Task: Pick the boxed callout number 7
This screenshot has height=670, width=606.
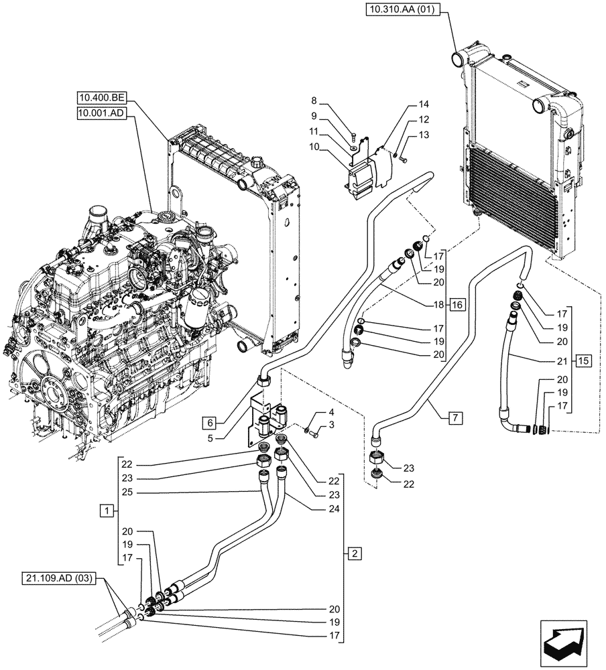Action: [454, 418]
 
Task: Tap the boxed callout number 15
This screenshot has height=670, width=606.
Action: [583, 361]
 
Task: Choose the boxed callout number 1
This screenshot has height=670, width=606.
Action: [105, 511]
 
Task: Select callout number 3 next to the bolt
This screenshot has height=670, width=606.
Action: [330, 426]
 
